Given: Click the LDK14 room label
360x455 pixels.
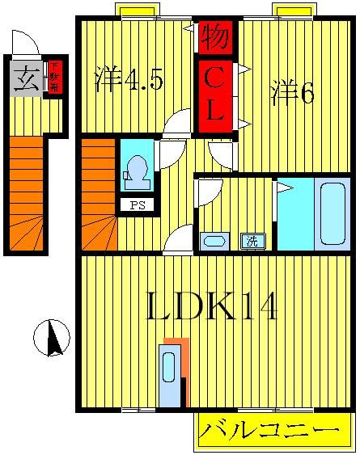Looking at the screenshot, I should (213, 308).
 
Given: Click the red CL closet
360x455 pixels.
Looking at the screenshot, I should (214, 96).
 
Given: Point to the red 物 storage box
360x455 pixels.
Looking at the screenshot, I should (214, 36).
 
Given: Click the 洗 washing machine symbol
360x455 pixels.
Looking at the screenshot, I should (252, 240).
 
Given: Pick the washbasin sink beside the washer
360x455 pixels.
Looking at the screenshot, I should (214, 240).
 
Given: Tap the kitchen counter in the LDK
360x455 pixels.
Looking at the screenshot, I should (171, 376).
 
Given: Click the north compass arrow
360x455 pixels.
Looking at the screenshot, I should (53, 338).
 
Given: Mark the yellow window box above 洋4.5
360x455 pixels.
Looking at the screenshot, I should (135, 10).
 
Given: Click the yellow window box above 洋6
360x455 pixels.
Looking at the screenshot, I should (293, 10).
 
